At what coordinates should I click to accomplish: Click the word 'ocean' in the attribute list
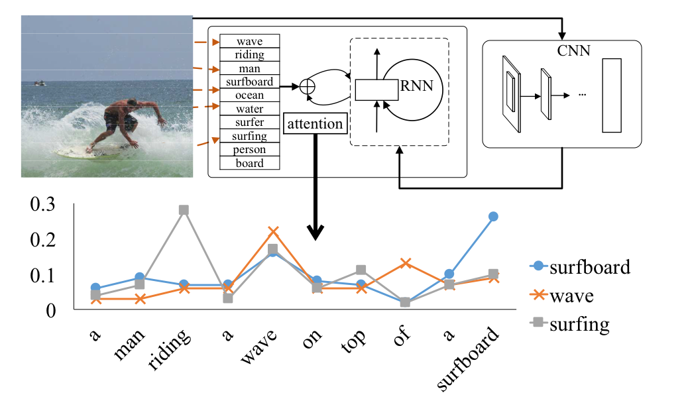(x=249, y=95)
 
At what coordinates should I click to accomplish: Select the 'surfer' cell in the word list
(x=249, y=123)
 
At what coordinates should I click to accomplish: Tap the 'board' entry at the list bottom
(x=249, y=163)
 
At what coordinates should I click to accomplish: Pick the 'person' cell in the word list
(x=249, y=150)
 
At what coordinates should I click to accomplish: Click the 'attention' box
(x=315, y=123)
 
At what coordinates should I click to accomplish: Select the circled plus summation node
(x=307, y=86)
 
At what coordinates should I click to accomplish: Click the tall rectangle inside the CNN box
(x=612, y=95)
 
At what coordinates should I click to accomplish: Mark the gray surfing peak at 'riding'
(x=184, y=210)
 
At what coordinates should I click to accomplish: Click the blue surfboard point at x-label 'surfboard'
(x=493, y=217)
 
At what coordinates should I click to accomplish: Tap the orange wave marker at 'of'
(x=404, y=263)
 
